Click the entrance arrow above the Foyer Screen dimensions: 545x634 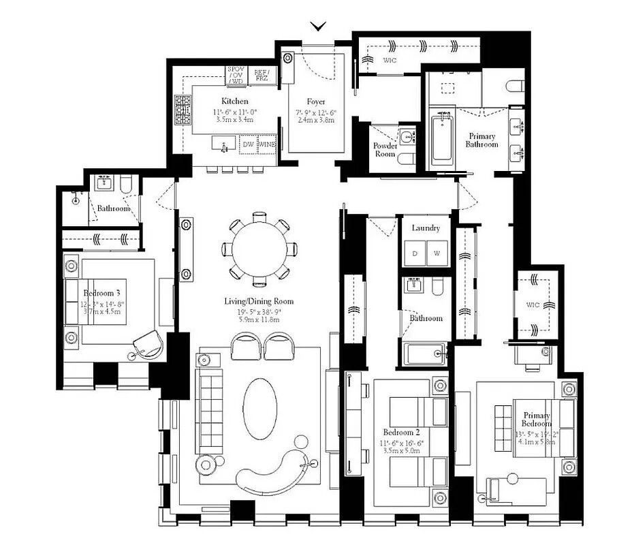pos(318,27)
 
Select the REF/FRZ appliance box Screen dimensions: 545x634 pos(261,75)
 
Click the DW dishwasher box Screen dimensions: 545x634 pos(249,144)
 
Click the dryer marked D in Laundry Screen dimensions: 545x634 pos(414,253)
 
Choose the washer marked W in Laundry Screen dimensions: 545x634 pos(437,253)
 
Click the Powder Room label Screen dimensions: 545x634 pos(385,150)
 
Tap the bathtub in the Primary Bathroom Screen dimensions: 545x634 pos(442,140)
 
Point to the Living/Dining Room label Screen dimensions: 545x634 pos(259,301)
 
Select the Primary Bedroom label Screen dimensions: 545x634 pos(536,420)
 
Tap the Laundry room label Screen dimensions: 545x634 pos(426,228)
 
